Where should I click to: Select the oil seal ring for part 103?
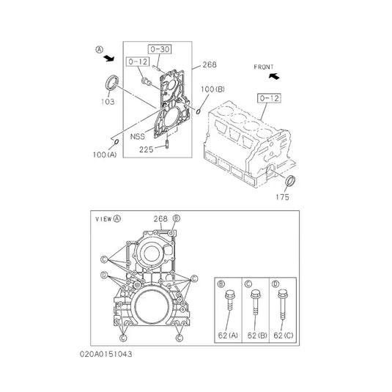(114, 83)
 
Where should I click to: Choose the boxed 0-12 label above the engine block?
(269, 97)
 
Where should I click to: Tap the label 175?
(282, 196)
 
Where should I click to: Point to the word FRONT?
(264, 67)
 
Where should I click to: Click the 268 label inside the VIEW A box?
(161, 218)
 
